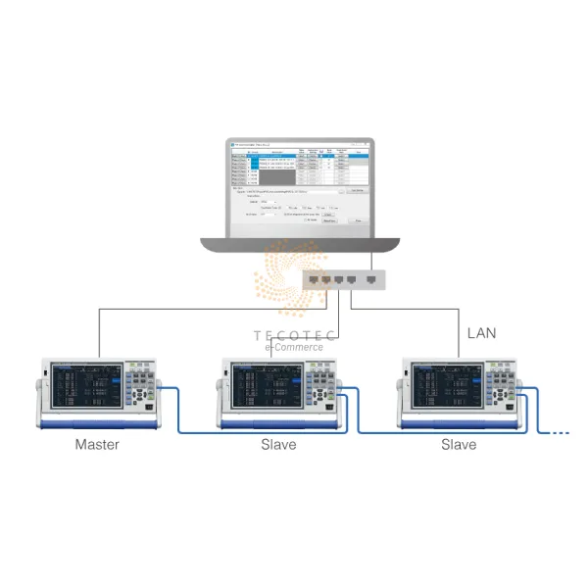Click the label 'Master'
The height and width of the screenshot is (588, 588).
[x=97, y=444]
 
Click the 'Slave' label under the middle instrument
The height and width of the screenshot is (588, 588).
[x=277, y=444]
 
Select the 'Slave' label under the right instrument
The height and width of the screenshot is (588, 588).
[x=458, y=444]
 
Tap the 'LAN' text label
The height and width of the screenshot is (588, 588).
[x=480, y=333]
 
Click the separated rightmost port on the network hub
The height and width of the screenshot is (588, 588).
[x=370, y=280]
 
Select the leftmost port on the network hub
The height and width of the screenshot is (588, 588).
[x=313, y=280]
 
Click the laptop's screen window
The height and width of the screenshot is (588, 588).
[x=298, y=186]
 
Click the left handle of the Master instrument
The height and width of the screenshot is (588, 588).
[x=45, y=392]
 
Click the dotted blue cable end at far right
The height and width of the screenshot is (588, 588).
[x=560, y=431]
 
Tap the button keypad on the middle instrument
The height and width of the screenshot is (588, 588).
[x=318, y=387]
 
